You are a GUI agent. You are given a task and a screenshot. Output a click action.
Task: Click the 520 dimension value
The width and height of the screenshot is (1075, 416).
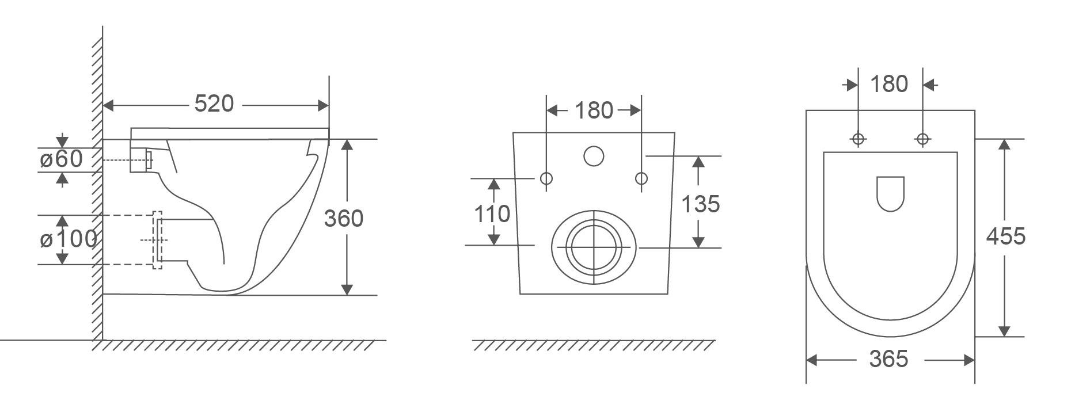coord(214,104)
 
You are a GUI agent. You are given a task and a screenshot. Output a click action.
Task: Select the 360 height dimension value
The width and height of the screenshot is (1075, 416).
coord(343,219)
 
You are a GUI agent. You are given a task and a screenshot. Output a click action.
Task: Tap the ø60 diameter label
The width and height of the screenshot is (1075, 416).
coord(61,159)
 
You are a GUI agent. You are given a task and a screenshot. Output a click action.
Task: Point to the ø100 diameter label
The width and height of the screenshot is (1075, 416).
coord(68,239)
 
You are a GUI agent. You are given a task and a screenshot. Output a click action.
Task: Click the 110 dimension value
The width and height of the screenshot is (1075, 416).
coord(492,214)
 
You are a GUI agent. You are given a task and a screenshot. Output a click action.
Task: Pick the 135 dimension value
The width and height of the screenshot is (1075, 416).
coord(700,204)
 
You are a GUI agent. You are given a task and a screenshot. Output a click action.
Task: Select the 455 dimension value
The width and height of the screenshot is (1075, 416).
coord(1005,236)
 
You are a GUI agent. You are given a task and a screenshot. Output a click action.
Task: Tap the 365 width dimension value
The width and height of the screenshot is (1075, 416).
coord(888,359)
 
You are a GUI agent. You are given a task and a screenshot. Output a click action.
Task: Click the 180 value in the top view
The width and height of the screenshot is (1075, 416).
coord(889,84)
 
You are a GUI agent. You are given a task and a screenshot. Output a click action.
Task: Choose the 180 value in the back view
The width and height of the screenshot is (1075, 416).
coord(594,110)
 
